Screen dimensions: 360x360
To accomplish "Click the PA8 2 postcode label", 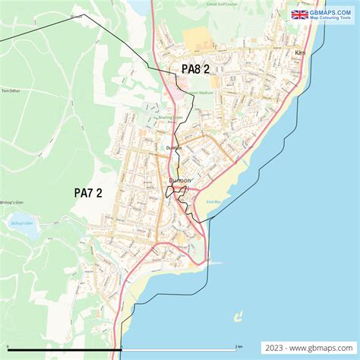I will [195, 69].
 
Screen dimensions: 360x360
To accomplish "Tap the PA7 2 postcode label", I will [88, 193].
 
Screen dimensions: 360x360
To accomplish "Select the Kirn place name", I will [300, 54].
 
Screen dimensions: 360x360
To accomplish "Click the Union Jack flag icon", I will [299, 14].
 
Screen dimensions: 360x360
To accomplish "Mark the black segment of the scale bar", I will [61, 349].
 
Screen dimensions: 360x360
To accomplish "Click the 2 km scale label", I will [238, 346].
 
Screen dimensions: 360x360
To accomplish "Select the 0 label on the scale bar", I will [3, 346].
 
